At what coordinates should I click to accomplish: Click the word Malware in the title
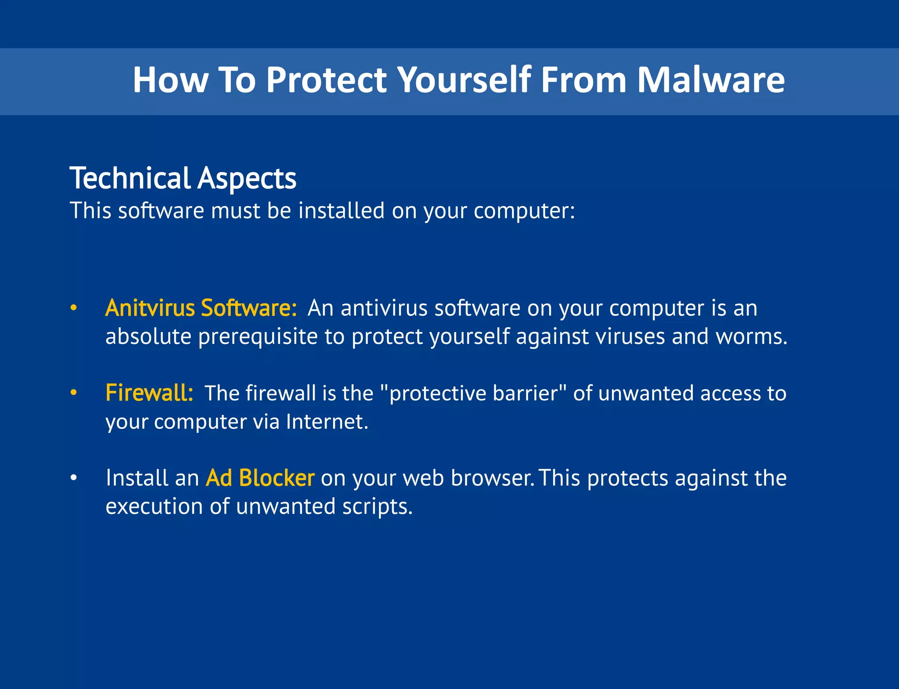[x=711, y=80]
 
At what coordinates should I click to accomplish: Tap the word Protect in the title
[x=326, y=80]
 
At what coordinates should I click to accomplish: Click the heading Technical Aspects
[x=183, y=178]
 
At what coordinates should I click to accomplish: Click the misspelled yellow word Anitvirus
[x=150, y=308]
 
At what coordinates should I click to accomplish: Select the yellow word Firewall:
[x=149, y=393]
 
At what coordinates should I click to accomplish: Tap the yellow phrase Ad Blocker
[x=260, y=478]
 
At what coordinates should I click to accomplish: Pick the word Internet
[x=327, y=422]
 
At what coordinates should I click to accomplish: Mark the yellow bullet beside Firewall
[x=74, y=393]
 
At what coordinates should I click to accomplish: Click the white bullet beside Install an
[x=74, y=478]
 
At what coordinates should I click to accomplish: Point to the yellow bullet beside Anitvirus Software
[x=74, y=308]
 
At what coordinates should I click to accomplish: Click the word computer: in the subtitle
[x=524, y=211]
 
